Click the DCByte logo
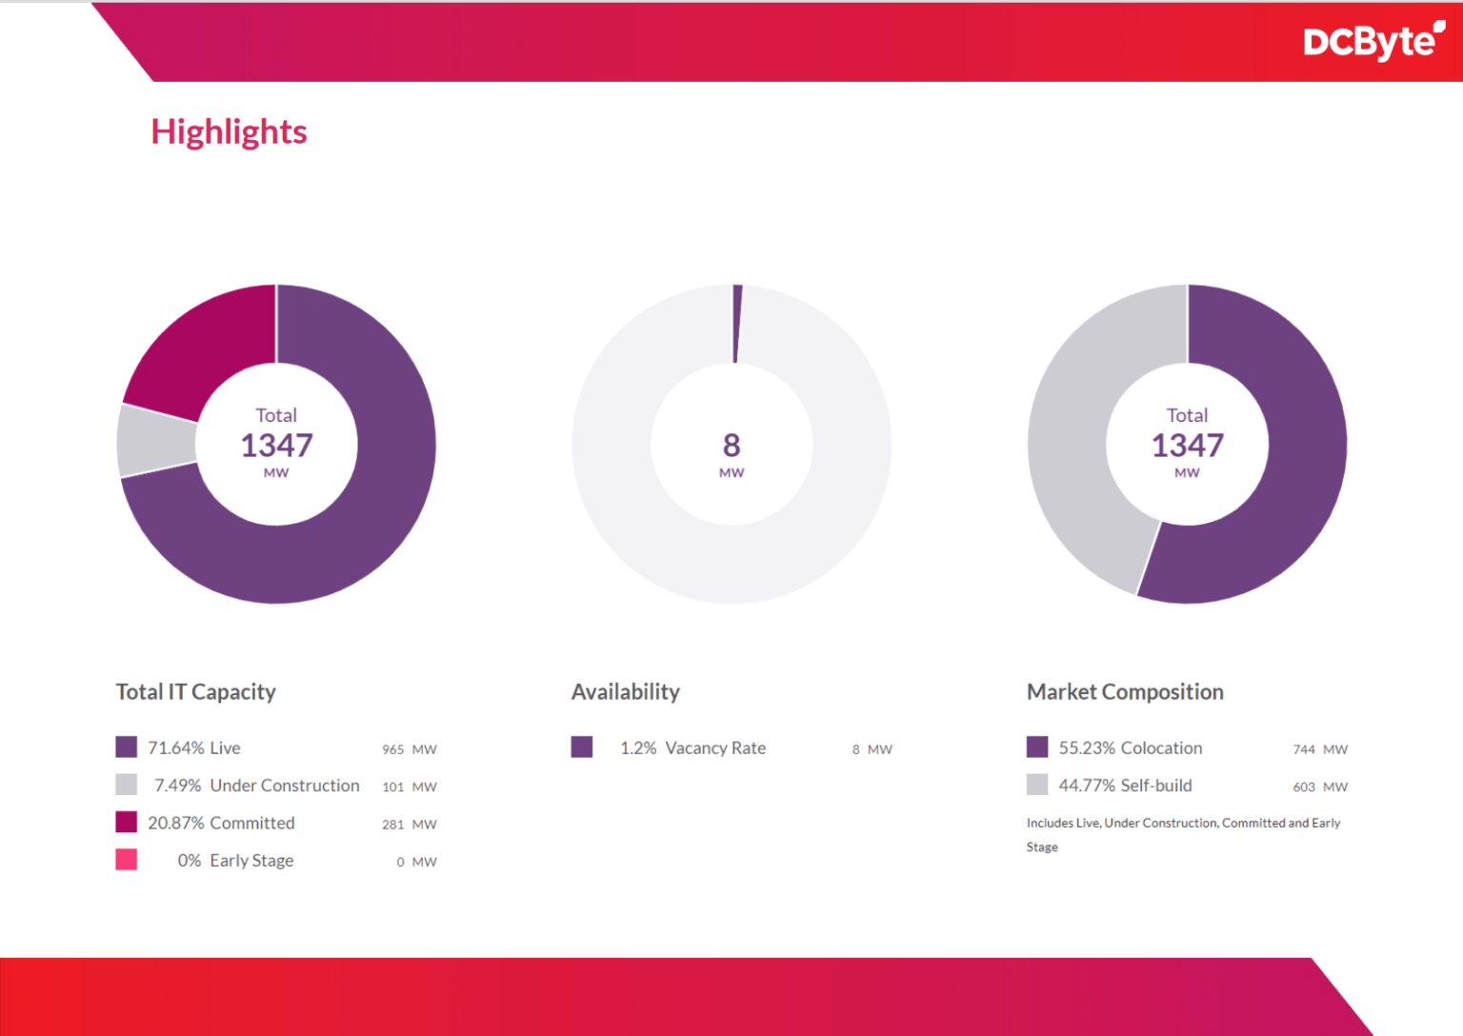tap(1373, 41)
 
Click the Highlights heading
tap(229, 131)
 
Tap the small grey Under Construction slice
tap(156, 441)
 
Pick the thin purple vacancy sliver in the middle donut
tap(736, 324)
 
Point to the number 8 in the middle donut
tap(731, 445)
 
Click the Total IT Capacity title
tap(195, 692)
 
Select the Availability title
tap(625, 692)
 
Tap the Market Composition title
tap(1124, 692)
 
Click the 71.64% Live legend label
tap(193, 748)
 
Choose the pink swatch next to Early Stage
tap(126, 860)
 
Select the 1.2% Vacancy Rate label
tap(692, 748)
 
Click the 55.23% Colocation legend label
tap(1130, 748)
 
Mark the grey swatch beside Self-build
tap(1037, 785)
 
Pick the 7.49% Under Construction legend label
tap(256, 786)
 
